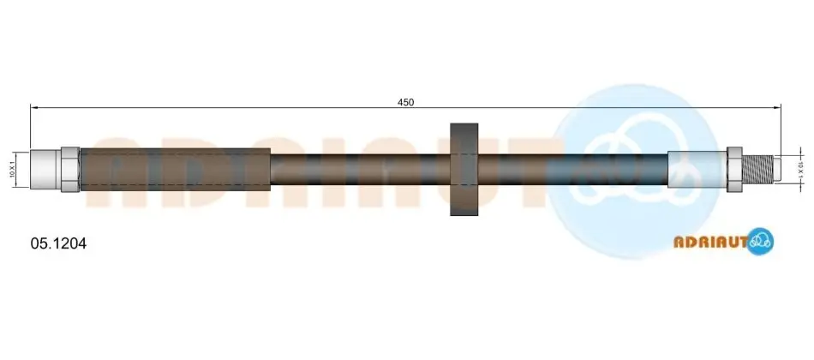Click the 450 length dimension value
tap(405, 102)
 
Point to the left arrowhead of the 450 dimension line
tap(34, 107)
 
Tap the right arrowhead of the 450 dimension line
tap(777, 107)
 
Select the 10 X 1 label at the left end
tap(11, 170)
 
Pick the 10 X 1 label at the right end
tap(800, 170)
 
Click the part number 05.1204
tap(58, 243)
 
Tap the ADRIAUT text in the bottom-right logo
tap(710, 242)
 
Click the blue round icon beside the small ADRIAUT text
tap(761, 241)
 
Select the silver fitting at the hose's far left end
tap(46, 170)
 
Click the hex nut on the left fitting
tap(70, 170)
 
